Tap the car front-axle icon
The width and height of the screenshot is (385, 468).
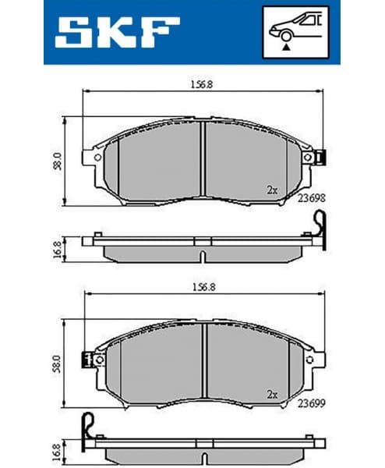[x=295, y=31]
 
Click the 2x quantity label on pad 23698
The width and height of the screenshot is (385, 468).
[x=272, y=190]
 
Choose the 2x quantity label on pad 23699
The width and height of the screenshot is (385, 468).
[x=272, y=394]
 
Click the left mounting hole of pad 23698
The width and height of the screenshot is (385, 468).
[x=97, y=157]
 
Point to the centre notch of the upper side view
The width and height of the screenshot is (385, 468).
[x=202, y=257]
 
